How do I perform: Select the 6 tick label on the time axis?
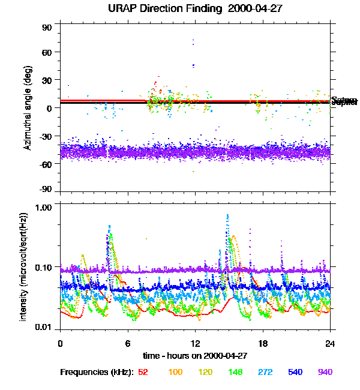click(128, 344)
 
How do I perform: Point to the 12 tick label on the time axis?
click(195, 344)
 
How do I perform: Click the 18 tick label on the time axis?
click(263, 344)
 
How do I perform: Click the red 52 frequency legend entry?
click(143, 373)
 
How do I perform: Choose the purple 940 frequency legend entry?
click(325, 373)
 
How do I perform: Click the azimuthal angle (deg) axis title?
click(28, 108)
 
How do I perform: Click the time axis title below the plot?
click(195, 356)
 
